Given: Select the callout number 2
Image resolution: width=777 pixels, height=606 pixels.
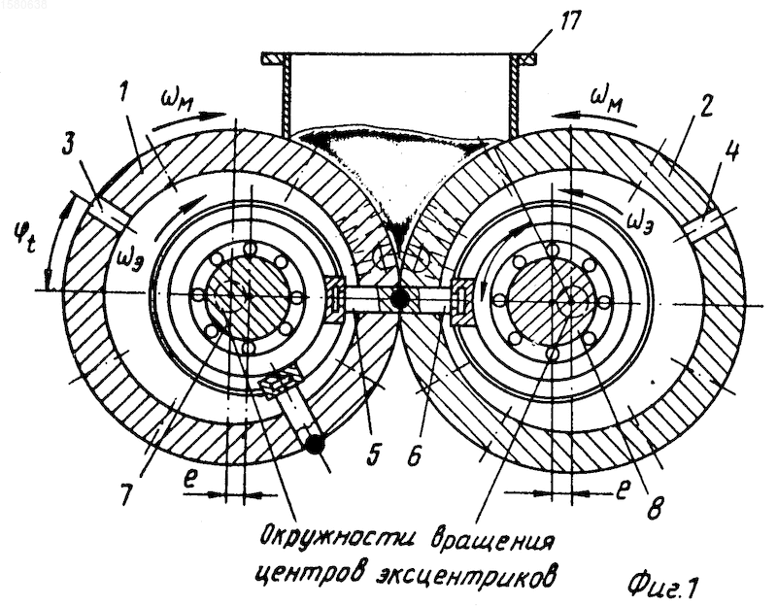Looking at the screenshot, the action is [x=703, y=105].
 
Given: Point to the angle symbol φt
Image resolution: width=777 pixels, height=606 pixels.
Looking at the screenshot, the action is [x=23, y=237].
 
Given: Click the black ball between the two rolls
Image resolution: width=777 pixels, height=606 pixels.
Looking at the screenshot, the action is [x=399, y=298].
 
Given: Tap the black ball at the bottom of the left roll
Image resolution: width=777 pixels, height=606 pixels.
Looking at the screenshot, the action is [x=315, y=443].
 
